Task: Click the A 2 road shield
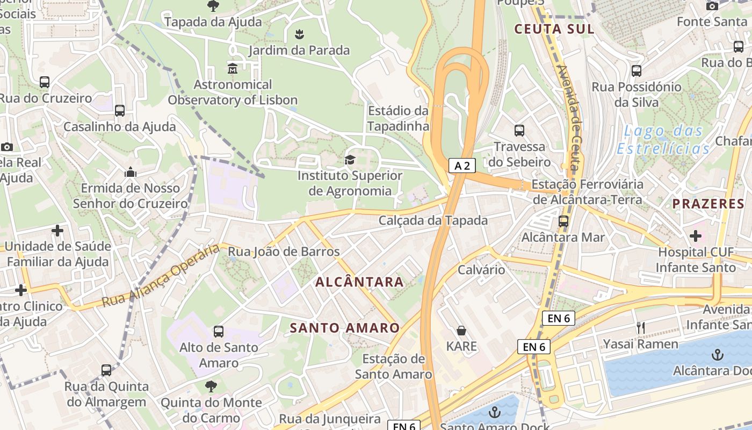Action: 462,166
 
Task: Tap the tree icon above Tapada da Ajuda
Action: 213,6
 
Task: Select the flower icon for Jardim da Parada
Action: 299,35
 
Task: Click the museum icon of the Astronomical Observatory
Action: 233,69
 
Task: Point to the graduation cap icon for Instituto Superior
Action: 350,160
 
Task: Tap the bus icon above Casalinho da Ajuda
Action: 120,111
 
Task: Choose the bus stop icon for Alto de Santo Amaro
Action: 219,332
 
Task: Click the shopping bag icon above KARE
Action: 461,330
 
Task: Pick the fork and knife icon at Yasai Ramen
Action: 640,328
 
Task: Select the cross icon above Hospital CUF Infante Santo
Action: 696,235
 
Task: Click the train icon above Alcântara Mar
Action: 563,221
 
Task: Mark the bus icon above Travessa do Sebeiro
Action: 519,131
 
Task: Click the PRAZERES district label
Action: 708,204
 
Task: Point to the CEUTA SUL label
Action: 554,29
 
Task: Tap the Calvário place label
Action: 481,269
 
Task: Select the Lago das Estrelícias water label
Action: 663,140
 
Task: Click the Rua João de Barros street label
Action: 284,252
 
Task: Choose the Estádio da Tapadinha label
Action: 398,118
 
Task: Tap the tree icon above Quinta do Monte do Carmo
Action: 211,386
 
